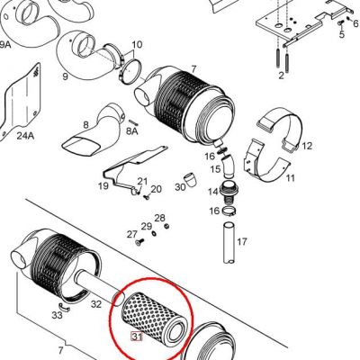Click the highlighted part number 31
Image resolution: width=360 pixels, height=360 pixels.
pyautogui.click(x=137, y=337)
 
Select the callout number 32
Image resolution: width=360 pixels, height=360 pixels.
pyautogui.click(x=96, y=304)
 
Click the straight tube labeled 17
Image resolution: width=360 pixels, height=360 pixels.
pyautogui.click(x=229, y=243)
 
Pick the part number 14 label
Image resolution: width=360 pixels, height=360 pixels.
pyautogui.click(x=213, y=192)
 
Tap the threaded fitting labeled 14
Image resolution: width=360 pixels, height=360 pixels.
pyautogui.click(x=229, y=191)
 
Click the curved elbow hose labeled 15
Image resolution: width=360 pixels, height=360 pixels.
pyautogui.click(x=228, y=166)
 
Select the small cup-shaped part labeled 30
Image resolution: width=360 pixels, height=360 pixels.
pyautogui.click(x=190, y=179)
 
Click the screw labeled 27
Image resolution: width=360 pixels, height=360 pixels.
pyautogui.click(x=140, y=241)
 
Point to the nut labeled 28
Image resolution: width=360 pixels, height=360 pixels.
pyautogui.click(x=167, y=226)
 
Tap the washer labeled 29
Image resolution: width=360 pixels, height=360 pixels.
pyautogui.click(x=153, y=233)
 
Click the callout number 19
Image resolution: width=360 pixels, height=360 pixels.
pyautogui.click(x=103, y=186)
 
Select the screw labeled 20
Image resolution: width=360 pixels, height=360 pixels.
pyautogui.click(x=147, y=197)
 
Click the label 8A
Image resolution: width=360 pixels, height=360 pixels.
pyautogui.click(x=131, y=131)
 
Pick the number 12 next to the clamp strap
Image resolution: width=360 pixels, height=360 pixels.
pyautogui.click(x=307, y=146)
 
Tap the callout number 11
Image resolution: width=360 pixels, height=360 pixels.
pyautogui.click(x=290, y=178)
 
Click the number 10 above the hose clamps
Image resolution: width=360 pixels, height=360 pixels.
pyautogui.click(x=137, y=45)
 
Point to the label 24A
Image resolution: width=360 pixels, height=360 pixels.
pyautogui.click(x=25, y=136)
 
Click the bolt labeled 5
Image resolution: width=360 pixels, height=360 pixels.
pyautogui.click(x=340, y=23)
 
